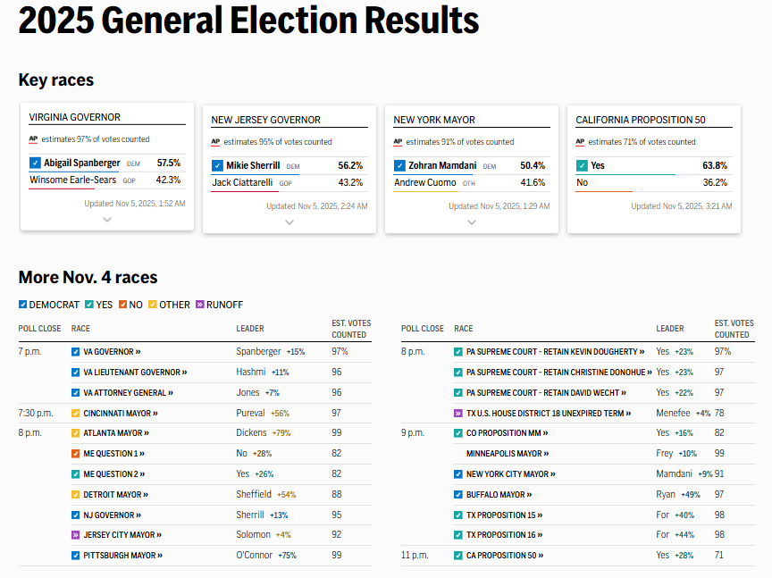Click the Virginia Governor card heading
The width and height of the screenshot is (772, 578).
pyautogui.click(x=75, y=117)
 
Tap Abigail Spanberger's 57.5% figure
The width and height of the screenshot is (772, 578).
pyautogui.click(x=169, y=163)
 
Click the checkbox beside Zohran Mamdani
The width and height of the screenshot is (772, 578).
pyautogui.click(x=399, y=165)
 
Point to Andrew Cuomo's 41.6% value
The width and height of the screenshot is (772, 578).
pyautogui.click(x=533, y=182)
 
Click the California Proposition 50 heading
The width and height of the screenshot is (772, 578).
pyautogui.click(x=640, y=120)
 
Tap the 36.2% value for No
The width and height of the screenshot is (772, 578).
pyautogui.click(x=715, y=182)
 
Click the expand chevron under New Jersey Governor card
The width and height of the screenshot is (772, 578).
pyautogui.click(x=289, y=222)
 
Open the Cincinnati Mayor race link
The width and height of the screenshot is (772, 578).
pyautogui.click(x=117, y=414)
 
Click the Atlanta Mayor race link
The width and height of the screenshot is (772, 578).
pyautogui.click(x=112, y=433)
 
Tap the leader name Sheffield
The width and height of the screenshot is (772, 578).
pyautogui.click(x=254, y=494)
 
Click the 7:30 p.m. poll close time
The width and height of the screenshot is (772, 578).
pyautogui.click(x=36, y=414)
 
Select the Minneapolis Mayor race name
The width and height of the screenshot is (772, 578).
pyautogui.click(x=506, y=454)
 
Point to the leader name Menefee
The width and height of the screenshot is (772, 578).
pyautogui.click(x=673, y=414)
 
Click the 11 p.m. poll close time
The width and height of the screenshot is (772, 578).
pyautogui.click(x=415, y=556)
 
